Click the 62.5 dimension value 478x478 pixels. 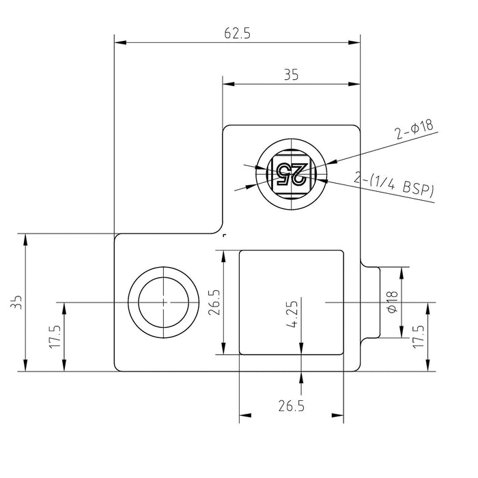pos(237,33)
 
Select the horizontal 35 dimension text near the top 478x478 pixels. pos(292,74)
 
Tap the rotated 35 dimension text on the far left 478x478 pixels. pos(16,302)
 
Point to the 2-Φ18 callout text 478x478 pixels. pos(414,129)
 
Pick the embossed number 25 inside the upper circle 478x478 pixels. pos(291,174)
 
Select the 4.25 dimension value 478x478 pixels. pos(292,314)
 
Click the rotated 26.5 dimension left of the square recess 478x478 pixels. pos(214,303)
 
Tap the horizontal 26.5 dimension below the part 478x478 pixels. pos(292,406)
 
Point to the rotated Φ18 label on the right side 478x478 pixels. pos(393,302)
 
